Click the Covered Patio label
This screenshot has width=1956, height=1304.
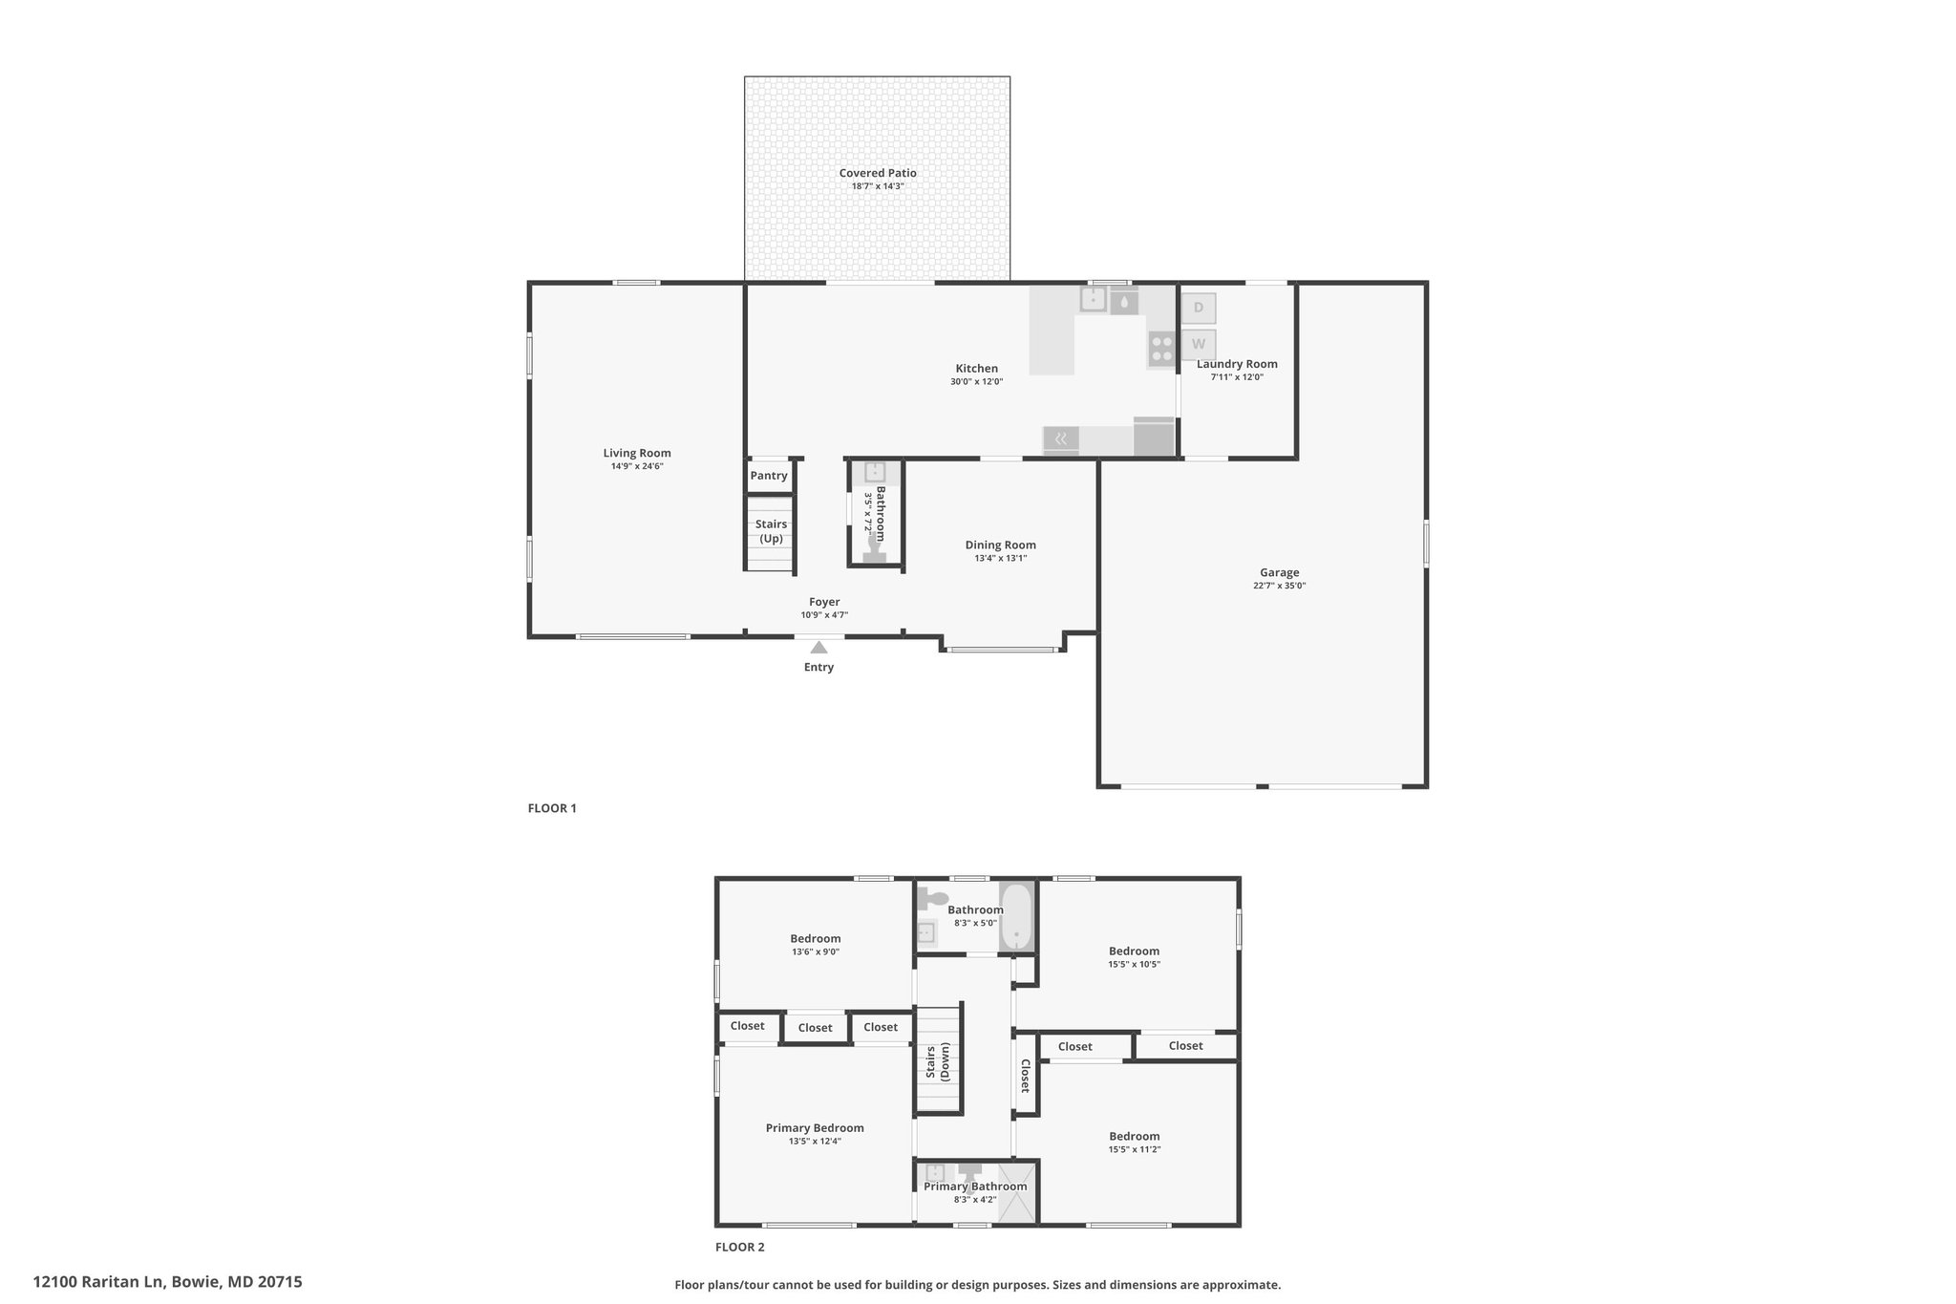tap(878, 173)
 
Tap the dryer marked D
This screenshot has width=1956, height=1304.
tap(1199, 309)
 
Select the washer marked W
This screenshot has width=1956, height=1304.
tap(1199, 344)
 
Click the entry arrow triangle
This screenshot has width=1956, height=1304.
tap(819, 647)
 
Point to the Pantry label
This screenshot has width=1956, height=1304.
tap(769, 476)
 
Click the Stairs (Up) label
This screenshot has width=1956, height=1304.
tap(771, 531)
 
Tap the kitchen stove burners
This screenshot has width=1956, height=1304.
tap(1161, 350)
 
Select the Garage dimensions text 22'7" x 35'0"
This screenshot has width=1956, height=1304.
tap(1279, 586)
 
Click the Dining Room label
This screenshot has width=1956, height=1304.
tap(1000, 545)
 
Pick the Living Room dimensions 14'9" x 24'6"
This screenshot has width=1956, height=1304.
tap(637, 466)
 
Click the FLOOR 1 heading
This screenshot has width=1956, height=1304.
tap(552, 808)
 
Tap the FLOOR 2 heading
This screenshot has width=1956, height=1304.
tap(740, 1247)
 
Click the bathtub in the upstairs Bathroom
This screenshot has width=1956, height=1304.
tap(1016, 916)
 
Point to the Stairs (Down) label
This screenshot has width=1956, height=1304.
tap(938, 1061)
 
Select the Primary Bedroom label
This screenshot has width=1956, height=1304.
tap(815, 1128)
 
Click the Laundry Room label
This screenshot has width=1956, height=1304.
tap(1237, 364)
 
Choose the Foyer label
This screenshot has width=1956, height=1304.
tap(824, 602)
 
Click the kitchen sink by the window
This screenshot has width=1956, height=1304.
tap(1093, 300)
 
